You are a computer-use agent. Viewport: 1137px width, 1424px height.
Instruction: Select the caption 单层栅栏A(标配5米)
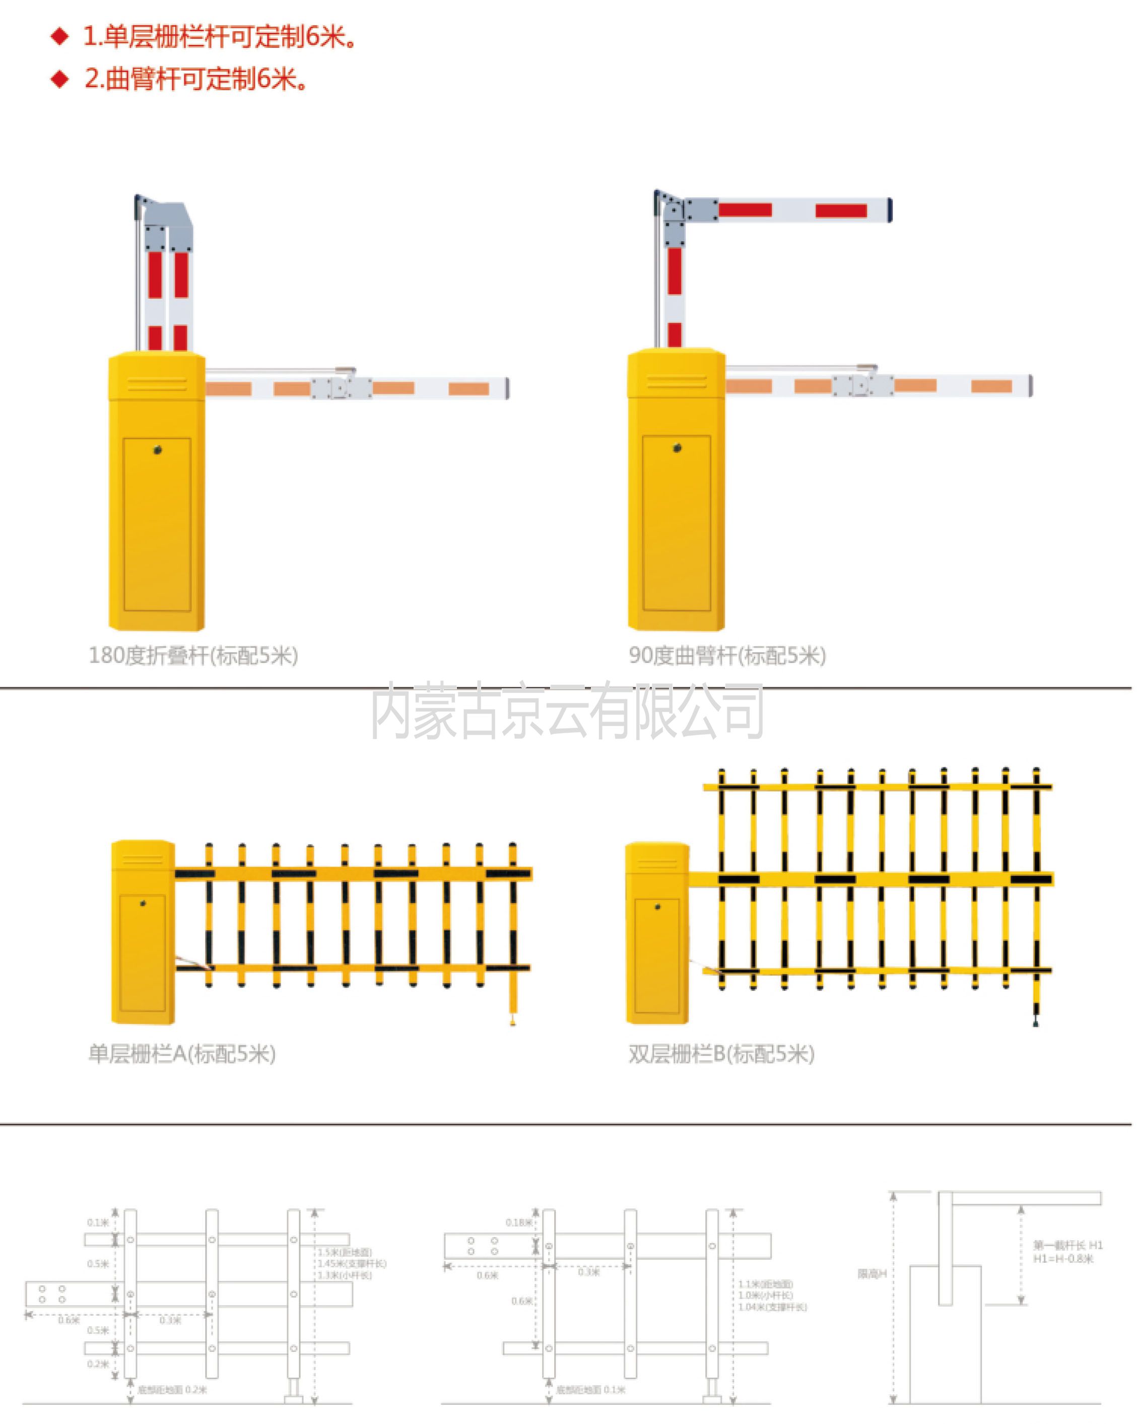point(182,1054)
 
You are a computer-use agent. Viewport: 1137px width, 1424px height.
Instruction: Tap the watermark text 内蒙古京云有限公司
point(567,711)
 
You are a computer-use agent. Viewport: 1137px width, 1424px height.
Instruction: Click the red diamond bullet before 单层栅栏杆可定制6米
point(60,36)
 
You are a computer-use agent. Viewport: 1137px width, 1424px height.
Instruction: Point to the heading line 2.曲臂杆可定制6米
point(195,79)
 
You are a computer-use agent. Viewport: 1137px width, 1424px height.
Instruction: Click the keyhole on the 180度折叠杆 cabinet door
point(157,450)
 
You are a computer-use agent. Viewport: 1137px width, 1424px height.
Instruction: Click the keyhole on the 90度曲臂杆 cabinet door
point(677,448)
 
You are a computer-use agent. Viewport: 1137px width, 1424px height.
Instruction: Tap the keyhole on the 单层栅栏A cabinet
point(143,903)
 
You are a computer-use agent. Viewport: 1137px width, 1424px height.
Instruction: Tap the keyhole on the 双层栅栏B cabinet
point(657,906)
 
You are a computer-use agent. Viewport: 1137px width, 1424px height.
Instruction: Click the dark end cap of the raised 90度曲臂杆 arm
point(889,210)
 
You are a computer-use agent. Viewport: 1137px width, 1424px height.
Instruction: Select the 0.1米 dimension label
point(98,1222)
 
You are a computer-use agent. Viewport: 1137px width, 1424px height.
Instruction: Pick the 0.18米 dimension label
point(518,1222)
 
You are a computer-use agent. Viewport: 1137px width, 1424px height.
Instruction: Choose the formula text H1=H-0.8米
point(1063,1259)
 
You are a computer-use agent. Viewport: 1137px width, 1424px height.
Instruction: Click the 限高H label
point(872,1274)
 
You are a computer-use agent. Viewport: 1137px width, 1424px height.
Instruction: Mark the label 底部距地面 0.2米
point(172,1390)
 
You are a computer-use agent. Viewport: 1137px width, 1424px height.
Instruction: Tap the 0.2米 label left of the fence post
point(98,1365)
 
